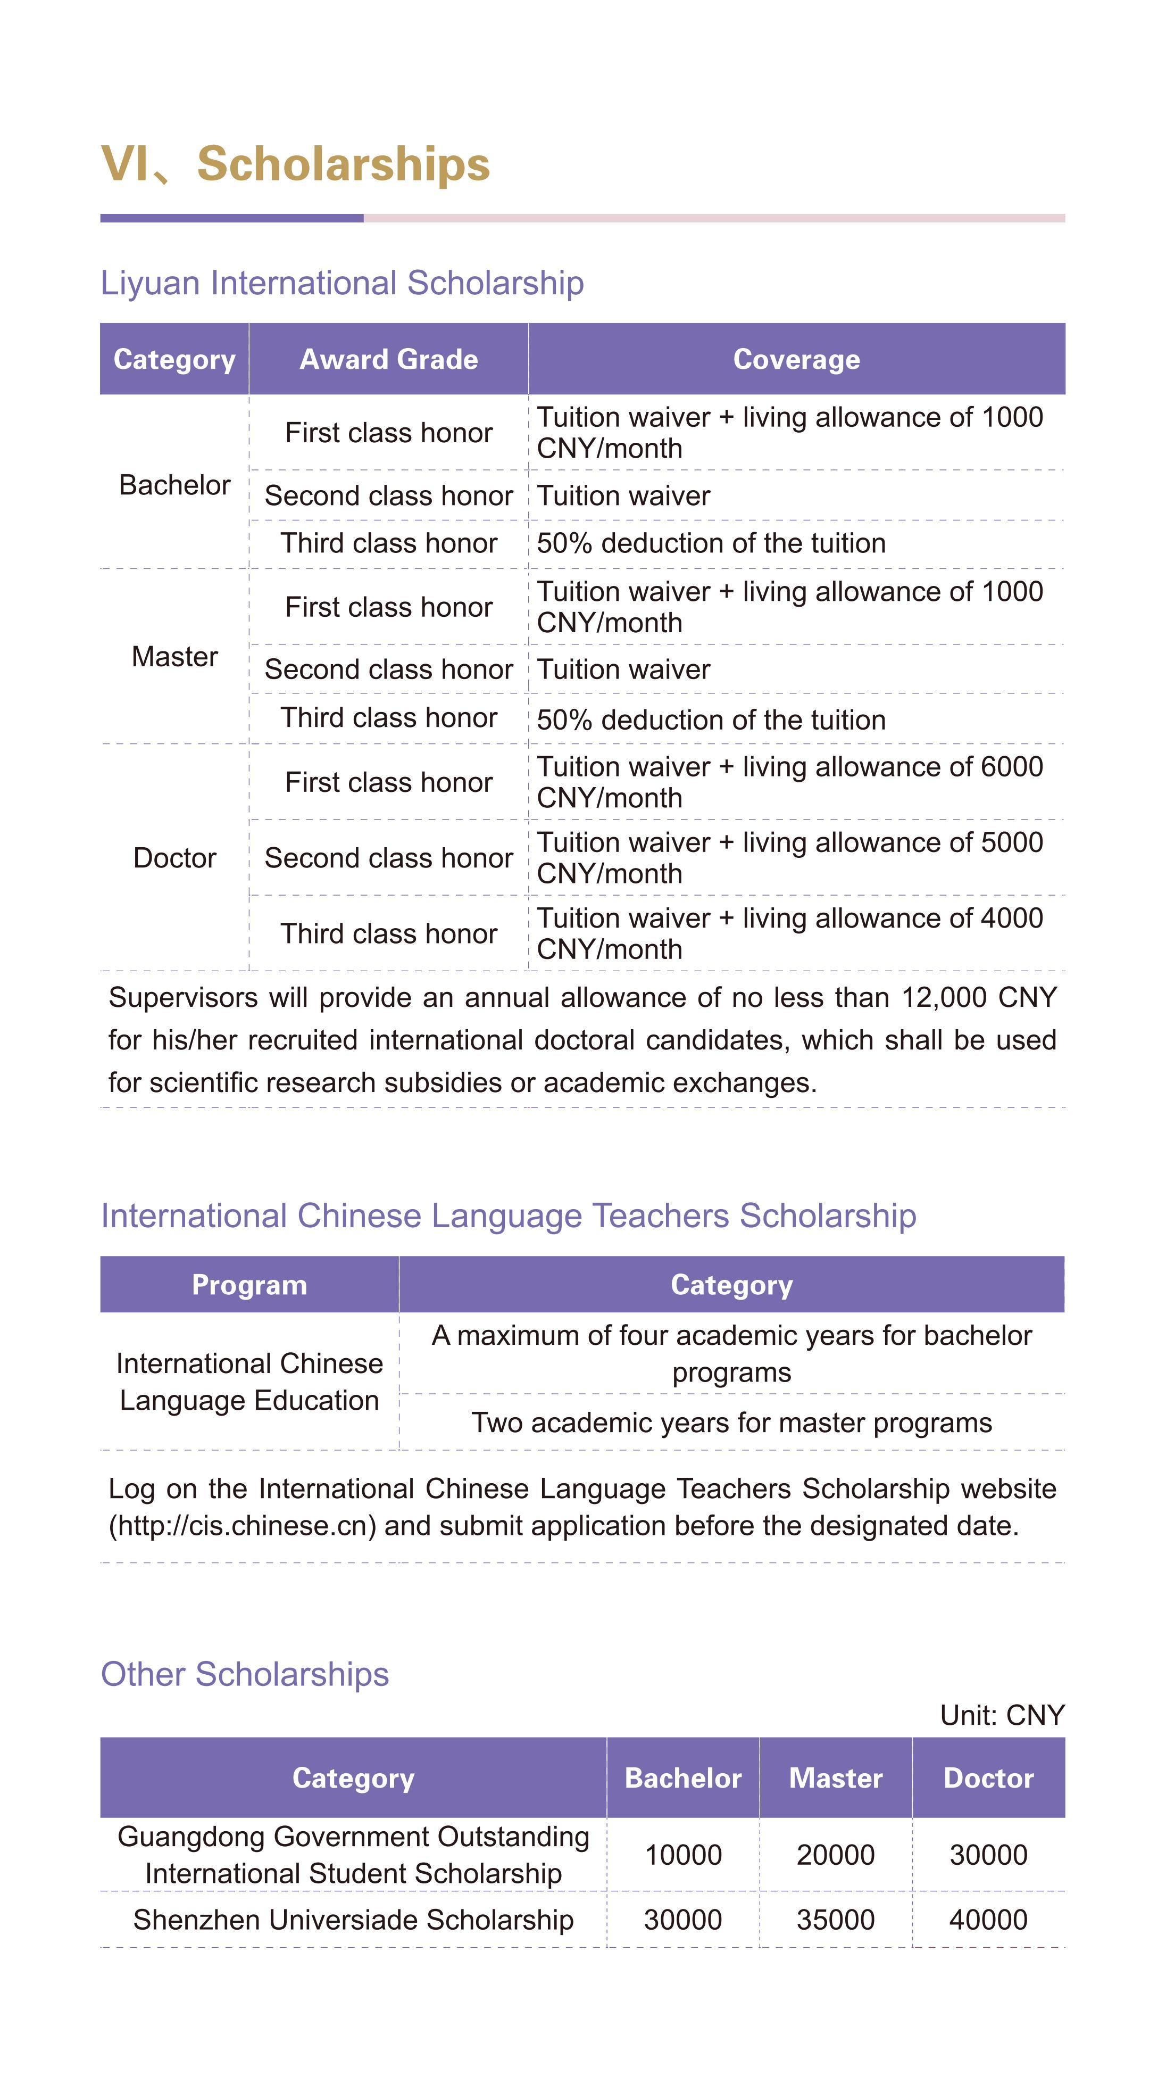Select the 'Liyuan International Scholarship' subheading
342,284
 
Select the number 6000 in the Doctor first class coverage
1012,767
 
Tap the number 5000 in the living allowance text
1012,842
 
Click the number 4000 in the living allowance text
1012,917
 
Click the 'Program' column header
249,1285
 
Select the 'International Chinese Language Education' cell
249,1382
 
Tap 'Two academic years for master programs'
731,1423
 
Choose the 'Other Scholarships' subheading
244,1674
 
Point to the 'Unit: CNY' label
1001,1715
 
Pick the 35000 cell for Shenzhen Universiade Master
836,1920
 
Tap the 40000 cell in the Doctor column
988,1920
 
